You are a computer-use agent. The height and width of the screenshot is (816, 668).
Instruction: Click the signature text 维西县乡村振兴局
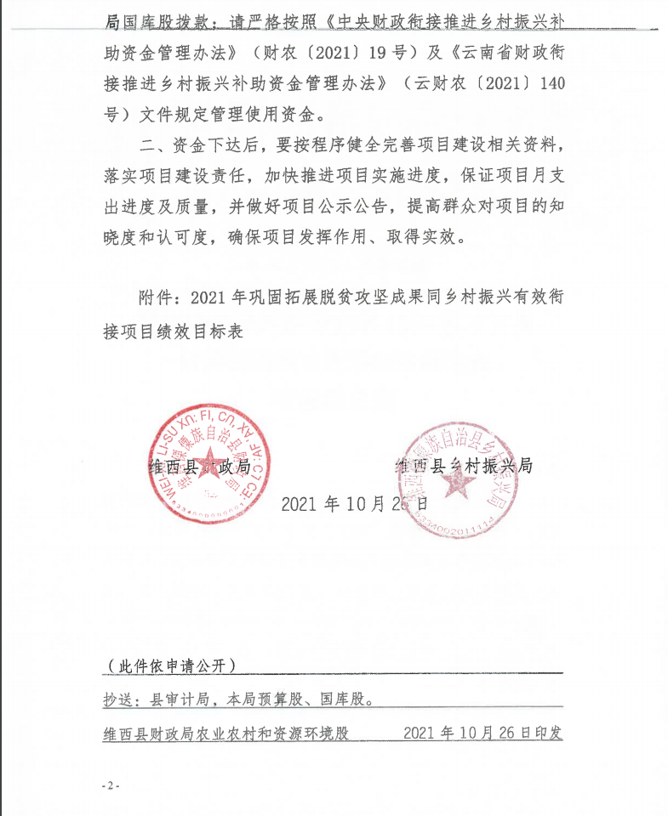pos(464,466)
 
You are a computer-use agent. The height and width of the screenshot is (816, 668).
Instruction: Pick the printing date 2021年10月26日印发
pos(482,733)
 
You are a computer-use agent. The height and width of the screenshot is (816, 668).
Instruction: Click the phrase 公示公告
pos(350,206)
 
